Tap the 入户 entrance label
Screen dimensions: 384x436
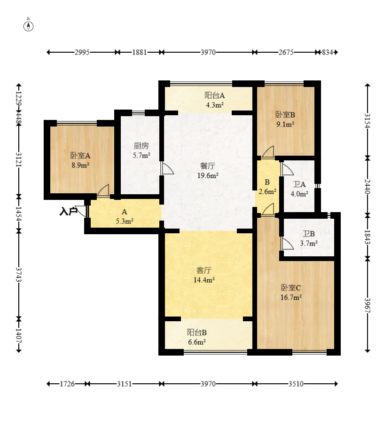(x=68, y=212)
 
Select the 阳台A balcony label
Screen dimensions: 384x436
(x=214, y=95)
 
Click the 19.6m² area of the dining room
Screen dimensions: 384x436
(x=208, y=175)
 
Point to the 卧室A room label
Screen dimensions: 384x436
(x=80, y=155)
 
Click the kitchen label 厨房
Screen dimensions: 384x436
(x=141, y=145)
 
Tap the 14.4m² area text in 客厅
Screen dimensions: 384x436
(x=204, y=280)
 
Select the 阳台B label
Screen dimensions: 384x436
(x=197, y=332)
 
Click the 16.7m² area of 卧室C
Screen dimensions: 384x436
(x=291, y=298)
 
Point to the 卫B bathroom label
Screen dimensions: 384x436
(x=308, y=234)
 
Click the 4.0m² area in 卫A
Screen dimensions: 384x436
(x=299, y=194)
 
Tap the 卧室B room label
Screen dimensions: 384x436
(x=285, y=114)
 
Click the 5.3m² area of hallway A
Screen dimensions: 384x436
(x=125, y=222)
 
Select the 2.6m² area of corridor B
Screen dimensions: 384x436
(x=267, y=191)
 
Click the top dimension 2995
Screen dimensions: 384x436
(x=82, y=52)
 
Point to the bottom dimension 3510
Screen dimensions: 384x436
(x=296, y=384)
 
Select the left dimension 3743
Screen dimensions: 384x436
(x=19, y=275)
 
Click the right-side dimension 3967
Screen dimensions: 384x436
(x=368, y=305)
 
